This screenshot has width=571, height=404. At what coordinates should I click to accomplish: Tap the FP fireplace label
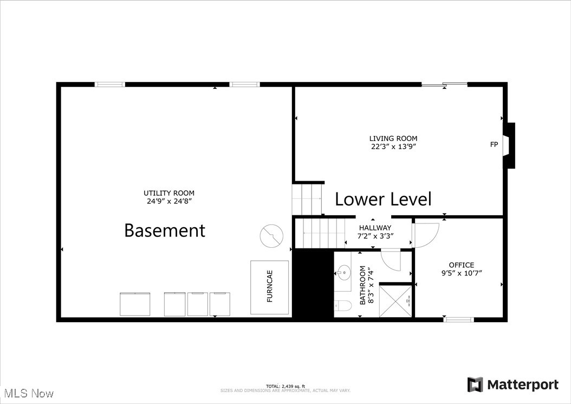click(x=494, y=144)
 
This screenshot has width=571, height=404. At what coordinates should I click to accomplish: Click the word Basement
click(x=165, y=230)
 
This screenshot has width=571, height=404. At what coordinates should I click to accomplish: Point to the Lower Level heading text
click(x=383, y=199)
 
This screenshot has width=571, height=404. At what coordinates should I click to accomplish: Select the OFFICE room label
click(x=461, y=265)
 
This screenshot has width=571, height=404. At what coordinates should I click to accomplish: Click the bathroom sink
click(x=342, y=271)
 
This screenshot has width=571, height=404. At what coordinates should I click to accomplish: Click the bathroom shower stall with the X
click(x=395, y=300)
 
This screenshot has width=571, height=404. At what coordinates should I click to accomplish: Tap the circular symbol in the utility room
click(x=272, y=236)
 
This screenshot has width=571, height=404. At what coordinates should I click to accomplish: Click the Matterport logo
click(x=512, y=385)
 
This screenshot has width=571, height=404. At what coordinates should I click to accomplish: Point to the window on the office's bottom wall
click(x=458, y=319)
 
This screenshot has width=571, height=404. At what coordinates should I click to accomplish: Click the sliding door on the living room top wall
click(x=444, y=85)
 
